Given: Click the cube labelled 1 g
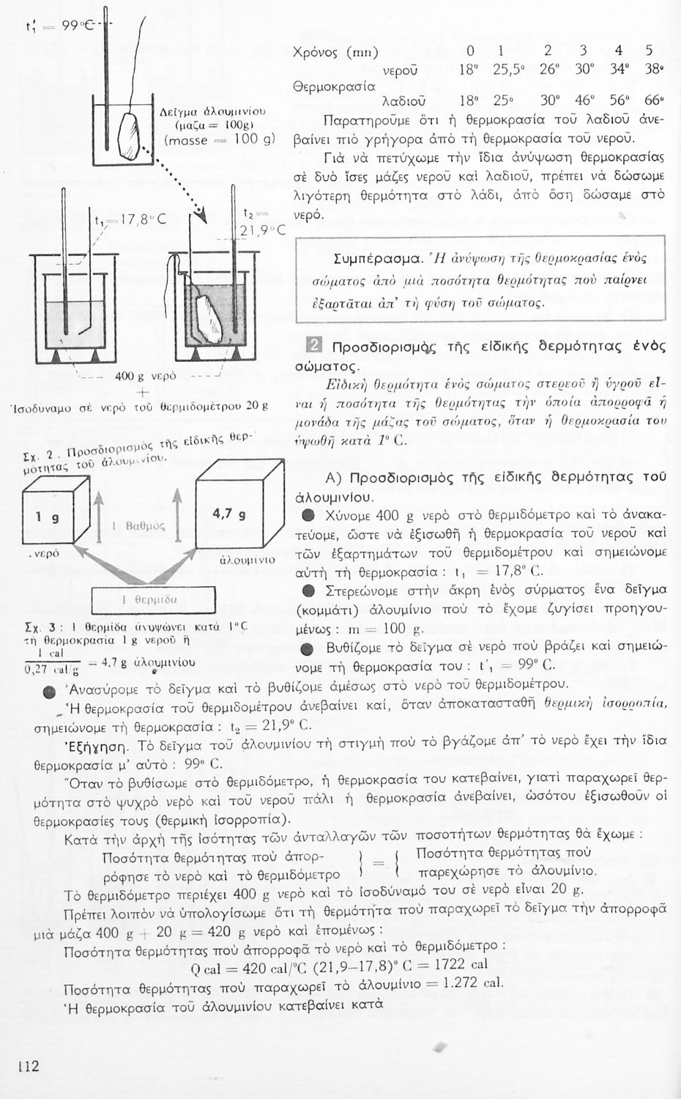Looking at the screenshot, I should pos(48,518).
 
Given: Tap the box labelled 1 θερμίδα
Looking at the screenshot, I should pos(153,599).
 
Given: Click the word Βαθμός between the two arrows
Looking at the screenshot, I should pos(145,525).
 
